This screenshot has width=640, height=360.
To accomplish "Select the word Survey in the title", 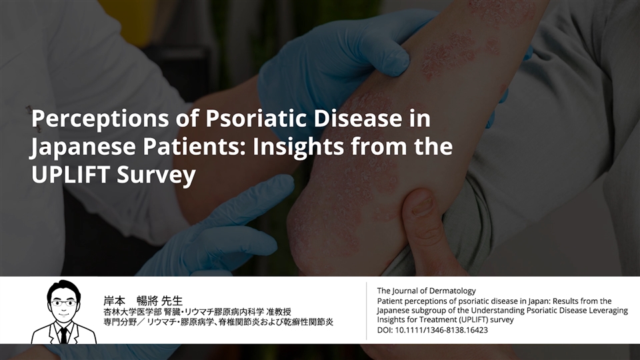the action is tap(156, 175).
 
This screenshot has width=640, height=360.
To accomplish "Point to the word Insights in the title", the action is tap(299, 147).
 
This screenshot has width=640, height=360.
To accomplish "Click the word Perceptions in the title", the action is tap(100, 119).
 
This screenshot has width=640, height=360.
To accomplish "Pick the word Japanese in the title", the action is tap(83, 147).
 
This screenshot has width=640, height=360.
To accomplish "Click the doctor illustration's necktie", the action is tap(64, 335).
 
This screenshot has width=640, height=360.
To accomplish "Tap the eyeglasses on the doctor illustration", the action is tap(63, 303).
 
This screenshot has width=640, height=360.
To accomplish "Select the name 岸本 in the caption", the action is tap(114, 301).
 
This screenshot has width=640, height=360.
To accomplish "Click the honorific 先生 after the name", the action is tap(172, 301).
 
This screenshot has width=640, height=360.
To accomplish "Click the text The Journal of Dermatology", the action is tap(426, 291).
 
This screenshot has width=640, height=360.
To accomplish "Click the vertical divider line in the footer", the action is tap(366, 311).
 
